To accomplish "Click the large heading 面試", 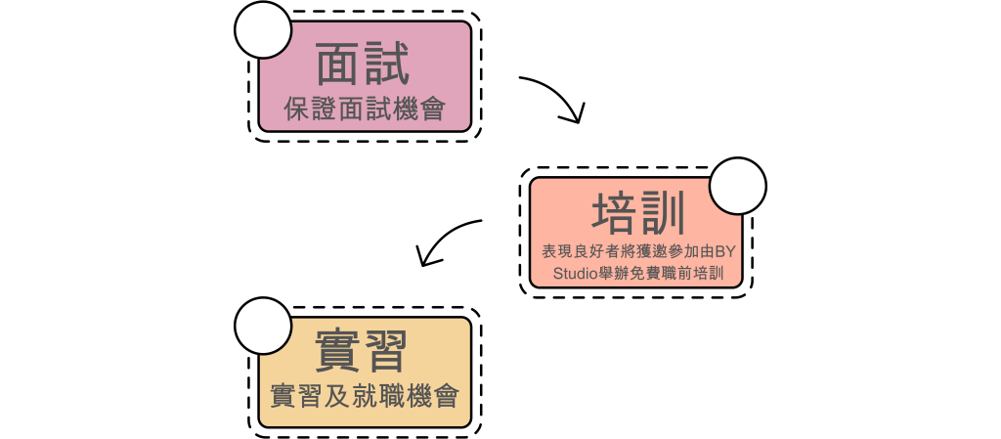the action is point(363,64).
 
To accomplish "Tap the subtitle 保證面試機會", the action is point(365,110).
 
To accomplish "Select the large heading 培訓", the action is point(638,212).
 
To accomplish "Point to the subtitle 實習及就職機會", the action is point(365,396).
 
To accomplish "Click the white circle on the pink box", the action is point(263,30).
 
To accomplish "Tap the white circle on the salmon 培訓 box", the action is point(737,186).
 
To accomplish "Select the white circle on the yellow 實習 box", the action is point(263,326).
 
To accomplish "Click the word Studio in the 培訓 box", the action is point(573,274).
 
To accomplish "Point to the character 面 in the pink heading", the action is point(339,64).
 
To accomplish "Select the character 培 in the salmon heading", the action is point(615,212).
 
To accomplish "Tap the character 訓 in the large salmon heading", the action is point(663,212).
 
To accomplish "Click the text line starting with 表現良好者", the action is point(638,251).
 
